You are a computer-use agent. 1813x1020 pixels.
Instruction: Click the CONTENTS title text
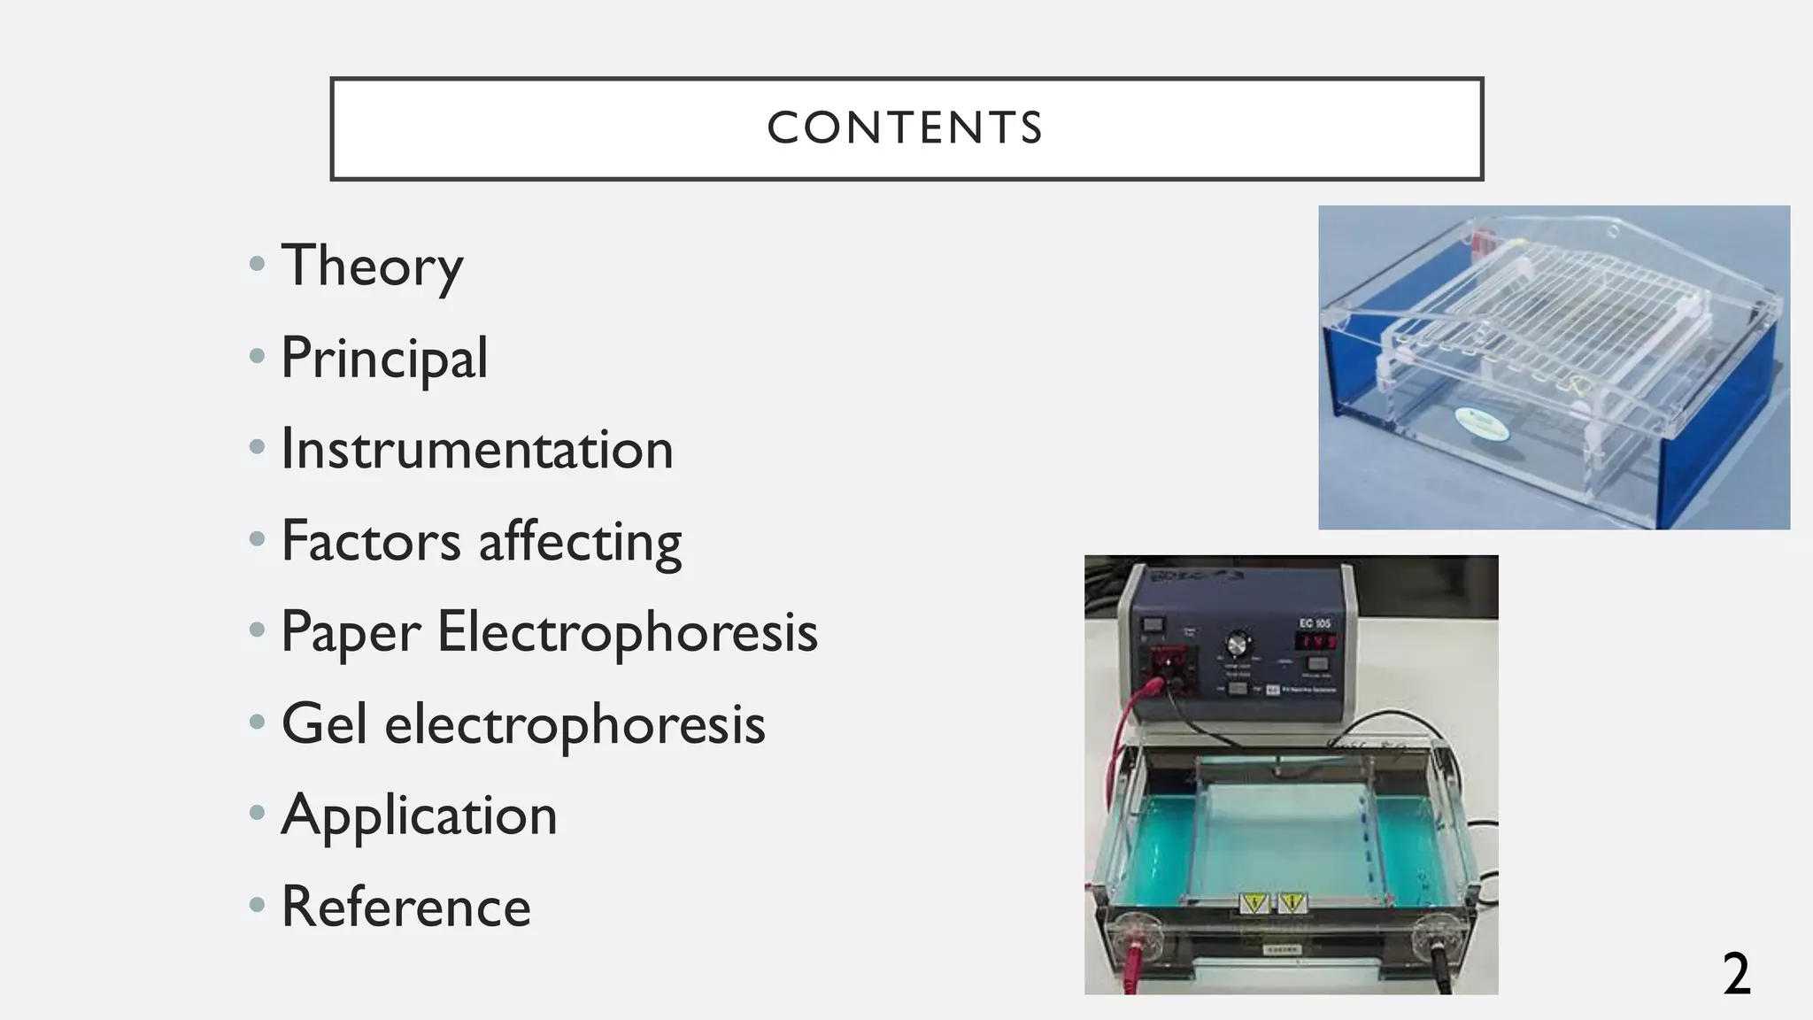(x=905, y=128)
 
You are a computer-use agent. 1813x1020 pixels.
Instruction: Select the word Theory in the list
(x=372, y=266)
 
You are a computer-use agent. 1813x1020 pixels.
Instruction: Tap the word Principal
(x=384, y=358)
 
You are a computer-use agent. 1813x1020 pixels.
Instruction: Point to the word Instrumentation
(x=477, y=450)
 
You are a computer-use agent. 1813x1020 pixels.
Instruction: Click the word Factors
(x=370, y=541)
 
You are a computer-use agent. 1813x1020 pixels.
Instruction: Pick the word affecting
(x=580, y=541)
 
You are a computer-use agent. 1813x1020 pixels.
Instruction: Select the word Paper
(x=351, y=633)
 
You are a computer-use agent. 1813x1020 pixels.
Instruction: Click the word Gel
(x=323, y=724)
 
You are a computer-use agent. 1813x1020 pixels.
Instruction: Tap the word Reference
(x=405, y=908)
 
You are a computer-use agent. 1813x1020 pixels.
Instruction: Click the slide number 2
(x=1736, y=974)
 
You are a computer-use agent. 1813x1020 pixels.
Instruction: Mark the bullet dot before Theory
(x=258, y=264)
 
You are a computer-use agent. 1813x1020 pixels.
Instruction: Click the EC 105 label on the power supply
(x=1315, y=623)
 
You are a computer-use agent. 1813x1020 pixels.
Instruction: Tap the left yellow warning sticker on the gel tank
(x=1254, y=903)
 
